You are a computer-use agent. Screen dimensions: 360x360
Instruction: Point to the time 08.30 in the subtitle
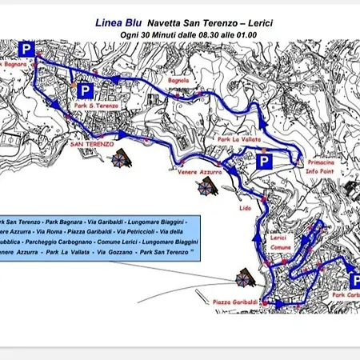194,37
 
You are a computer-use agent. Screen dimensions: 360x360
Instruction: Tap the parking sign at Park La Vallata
264,163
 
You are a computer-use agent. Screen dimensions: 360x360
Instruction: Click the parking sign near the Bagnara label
26,50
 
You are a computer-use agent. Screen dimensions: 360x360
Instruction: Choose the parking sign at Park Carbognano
355,280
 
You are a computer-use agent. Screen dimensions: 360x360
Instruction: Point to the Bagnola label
178,81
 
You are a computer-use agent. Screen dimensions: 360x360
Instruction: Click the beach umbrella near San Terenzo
121,158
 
